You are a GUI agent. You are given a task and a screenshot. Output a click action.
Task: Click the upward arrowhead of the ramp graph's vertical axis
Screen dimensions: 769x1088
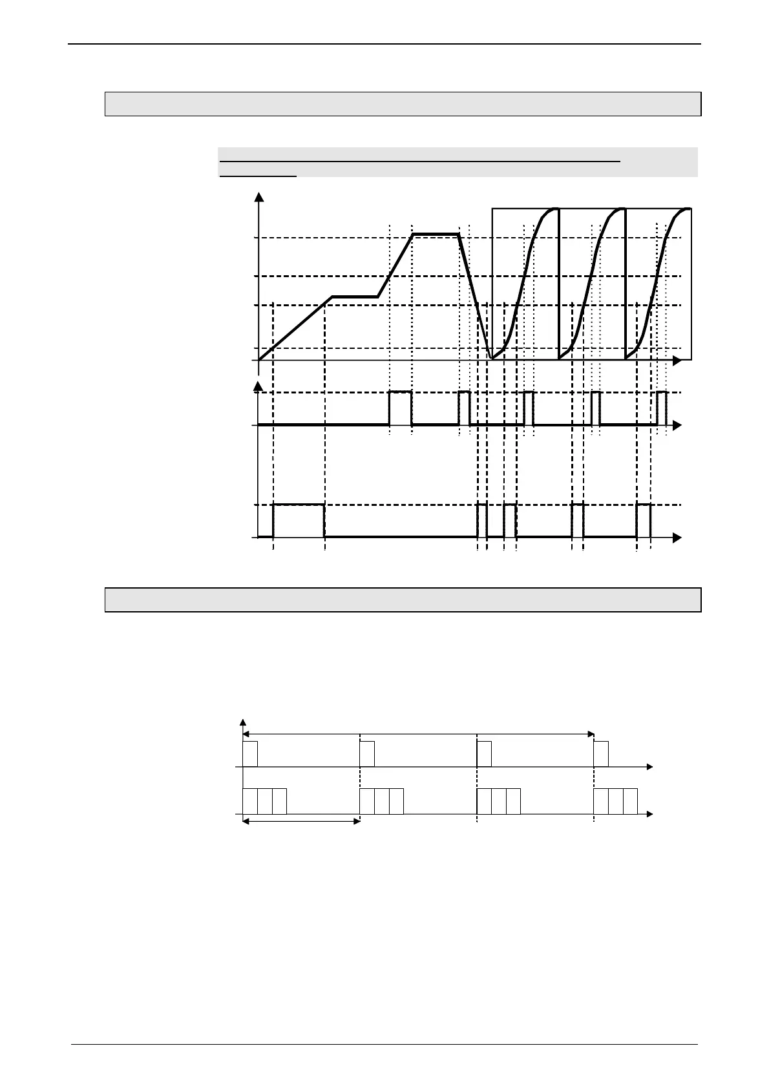[x=259, y=197]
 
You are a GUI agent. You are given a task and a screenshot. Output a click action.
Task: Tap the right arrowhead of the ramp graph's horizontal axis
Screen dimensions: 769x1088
[x=677, y=361]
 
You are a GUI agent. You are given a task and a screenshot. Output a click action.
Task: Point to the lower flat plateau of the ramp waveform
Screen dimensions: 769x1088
[x=355, y=297]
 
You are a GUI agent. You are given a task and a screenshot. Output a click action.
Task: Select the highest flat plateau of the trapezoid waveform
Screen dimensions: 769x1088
[x=436, y=234]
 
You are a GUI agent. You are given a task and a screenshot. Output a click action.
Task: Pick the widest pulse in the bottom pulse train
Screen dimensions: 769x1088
[x=299, y=505]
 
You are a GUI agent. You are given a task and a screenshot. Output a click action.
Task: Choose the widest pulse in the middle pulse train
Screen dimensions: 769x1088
[x=400, y=392]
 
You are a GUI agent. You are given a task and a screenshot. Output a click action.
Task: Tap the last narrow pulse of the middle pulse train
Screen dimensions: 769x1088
[x=661, y=392]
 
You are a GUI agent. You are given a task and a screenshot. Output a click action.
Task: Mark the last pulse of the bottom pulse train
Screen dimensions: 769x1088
[x=643, y=505]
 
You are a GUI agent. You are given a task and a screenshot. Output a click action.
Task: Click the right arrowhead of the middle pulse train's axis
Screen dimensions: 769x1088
[x=677, y=425]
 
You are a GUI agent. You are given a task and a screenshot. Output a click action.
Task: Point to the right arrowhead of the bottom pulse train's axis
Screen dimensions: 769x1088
[x=677, y=538]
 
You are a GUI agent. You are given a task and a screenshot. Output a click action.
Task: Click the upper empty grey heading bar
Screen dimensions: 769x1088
[x=403, y=104]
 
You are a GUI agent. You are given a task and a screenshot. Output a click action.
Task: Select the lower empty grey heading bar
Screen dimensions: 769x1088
[x=403, y=600]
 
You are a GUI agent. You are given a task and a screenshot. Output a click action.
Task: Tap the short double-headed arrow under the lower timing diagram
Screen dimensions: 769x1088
[x=300, y=821]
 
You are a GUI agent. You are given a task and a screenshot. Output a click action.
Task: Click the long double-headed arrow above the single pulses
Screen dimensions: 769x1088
[x=418, y=734]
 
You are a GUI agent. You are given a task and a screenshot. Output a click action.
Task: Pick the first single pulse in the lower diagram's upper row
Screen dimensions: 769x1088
[x=250, y=754]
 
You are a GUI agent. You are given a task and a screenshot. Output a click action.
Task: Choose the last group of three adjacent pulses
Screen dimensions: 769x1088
[x=615, y=801]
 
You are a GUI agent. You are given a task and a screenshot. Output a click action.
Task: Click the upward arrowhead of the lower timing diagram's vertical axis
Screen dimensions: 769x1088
[x=243, y=722]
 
